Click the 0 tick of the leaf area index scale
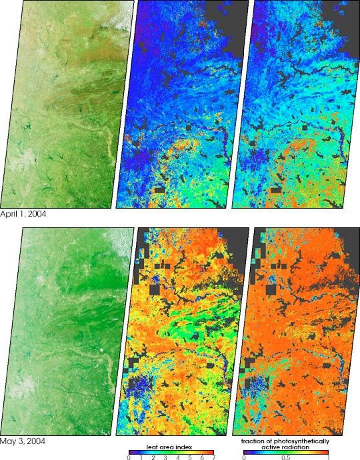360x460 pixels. pyautogui.click(x=128, y=457)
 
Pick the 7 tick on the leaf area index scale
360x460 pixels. pyautogui.click(x=213, y=457)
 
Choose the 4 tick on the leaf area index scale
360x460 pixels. pyautogui.click(x=177, y=457)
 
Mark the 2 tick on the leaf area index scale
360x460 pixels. pyautogui.click(x=152, y=457)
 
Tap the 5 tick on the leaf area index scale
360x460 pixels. pyautogui.click(x=189, y=457)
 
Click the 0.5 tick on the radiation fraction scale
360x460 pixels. pyautogui.click(x=286, y=457)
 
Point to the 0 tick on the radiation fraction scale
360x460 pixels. pyautogui.click(x=244, y=457)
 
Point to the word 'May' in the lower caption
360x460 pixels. pyautogui.click(x=7, y=441)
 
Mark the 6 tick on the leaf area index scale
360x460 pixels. pyautogui.click(x=201, y=457)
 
